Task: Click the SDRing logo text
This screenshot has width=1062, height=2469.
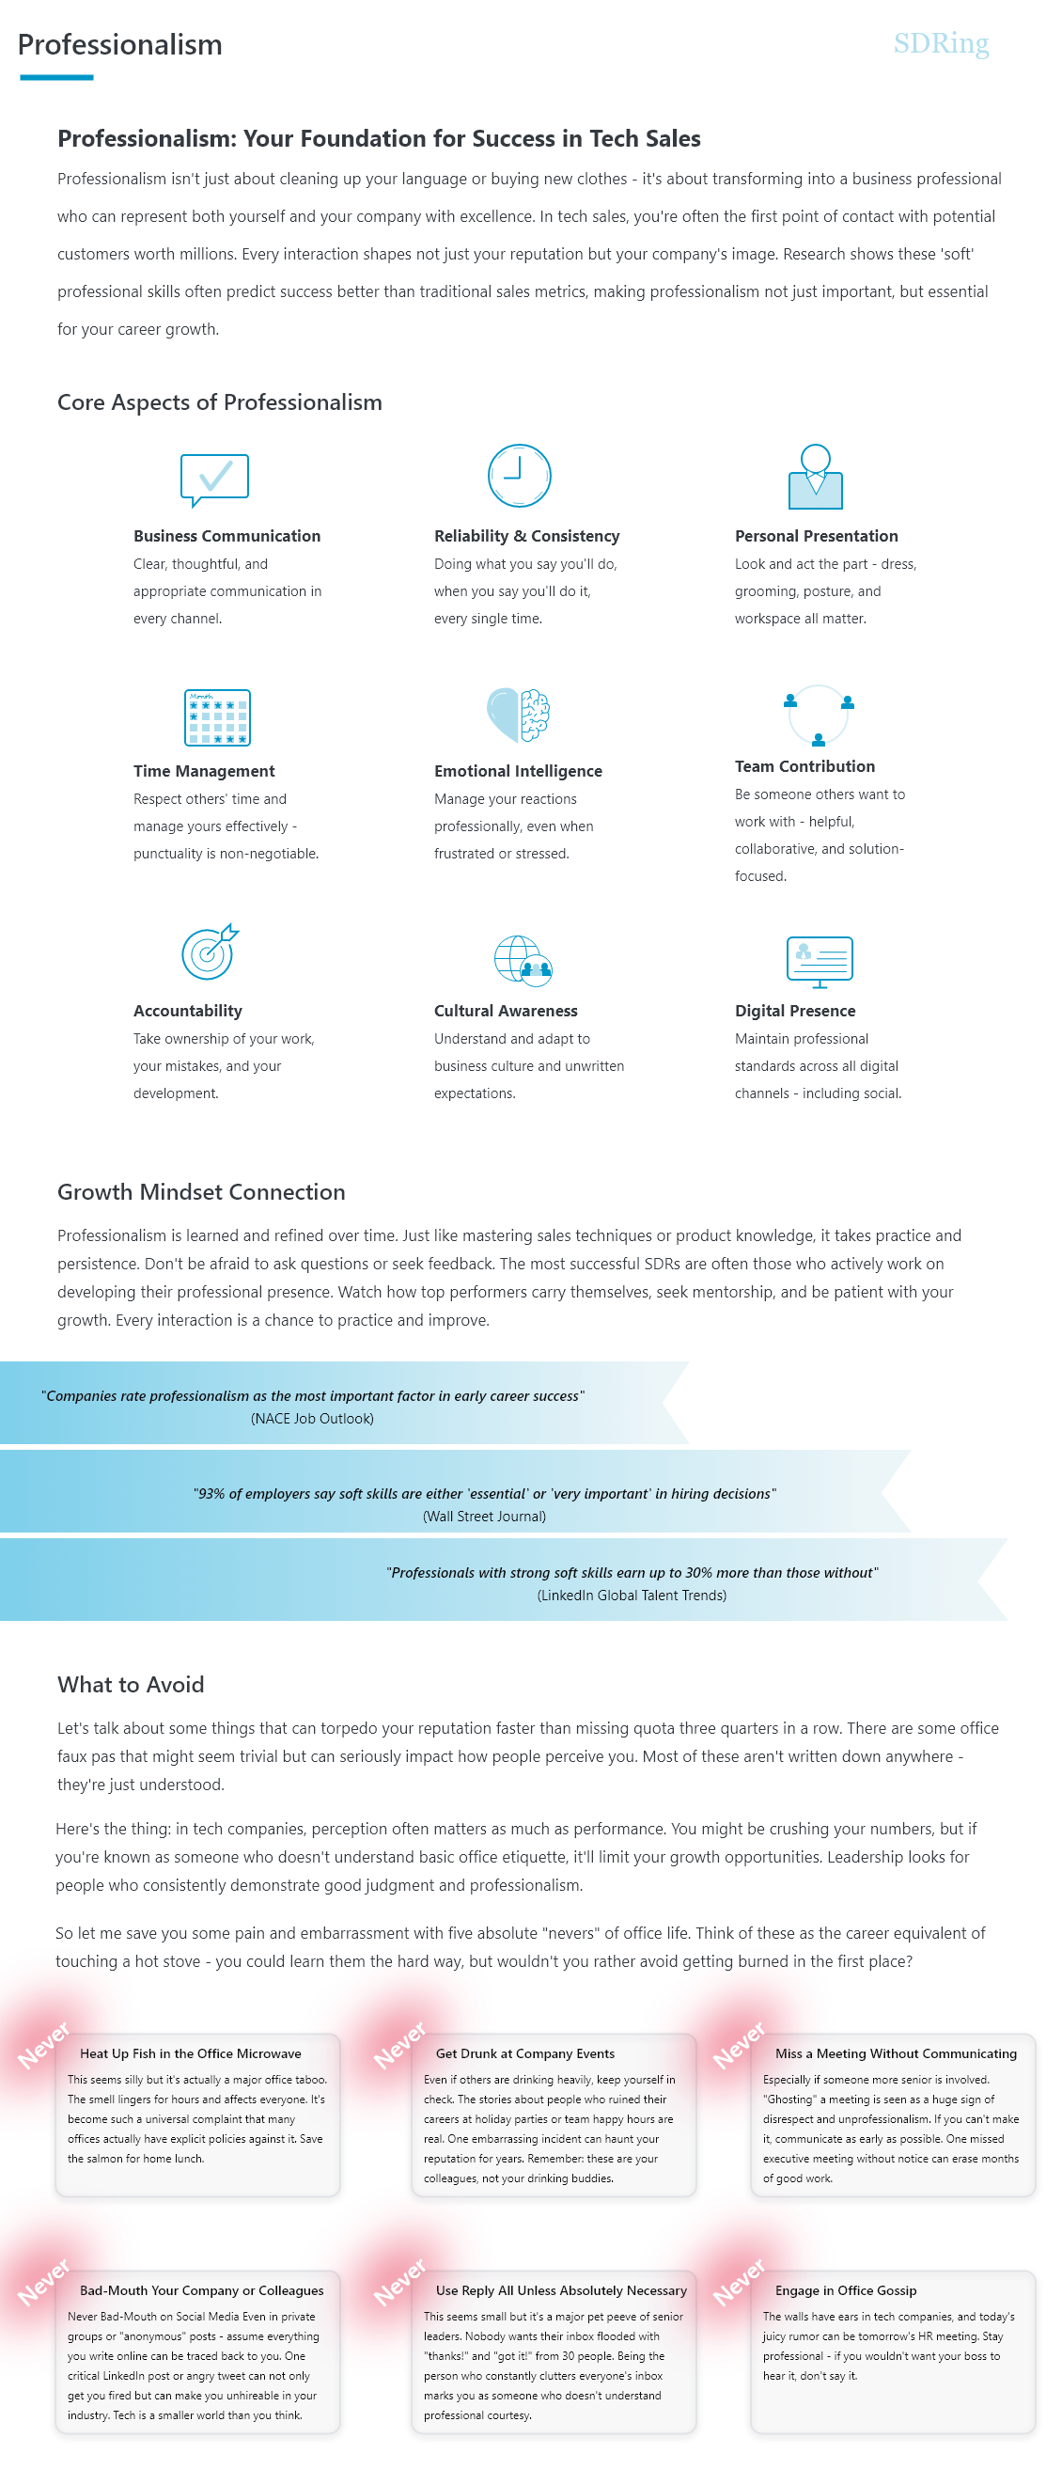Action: pyautogui.click(x=939, y=43)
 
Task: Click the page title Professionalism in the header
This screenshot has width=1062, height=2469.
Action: pyautogui.click(x=119, y=45)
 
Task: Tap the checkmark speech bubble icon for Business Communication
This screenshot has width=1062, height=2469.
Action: pyautogui.click(x=214, y=479)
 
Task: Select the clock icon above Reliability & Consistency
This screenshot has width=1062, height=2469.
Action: pyautogui.click(x=519, y=476)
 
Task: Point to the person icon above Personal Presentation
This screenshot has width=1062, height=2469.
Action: pyautogui.click(x=815, y=477)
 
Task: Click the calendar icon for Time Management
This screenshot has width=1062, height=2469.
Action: pyautogui.click(x=216, y=717)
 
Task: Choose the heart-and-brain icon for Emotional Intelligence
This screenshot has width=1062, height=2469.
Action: pyautogui.click(x=519, y=715)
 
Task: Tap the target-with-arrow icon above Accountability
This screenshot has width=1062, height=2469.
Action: pyautogui.click(x=210, y=951)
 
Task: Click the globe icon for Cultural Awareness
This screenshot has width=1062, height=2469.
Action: pyautogui.click(x=523, y=959)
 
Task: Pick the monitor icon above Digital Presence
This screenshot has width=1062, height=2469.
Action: pyautogui.click(x=819, y=960)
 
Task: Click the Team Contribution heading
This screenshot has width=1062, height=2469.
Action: pyautogui.click(x=804, y=766)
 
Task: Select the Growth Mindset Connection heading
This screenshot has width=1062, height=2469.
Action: pyautogui.click(x=201, y=1191)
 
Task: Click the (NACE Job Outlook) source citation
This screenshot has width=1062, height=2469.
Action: pyautogui.click(x=312, y=1419)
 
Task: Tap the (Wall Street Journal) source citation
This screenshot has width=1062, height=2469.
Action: pyautogui.click(x=484, y=1517)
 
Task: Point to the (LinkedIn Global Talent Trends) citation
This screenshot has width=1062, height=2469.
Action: pyautogui.click(x=631, y=1595)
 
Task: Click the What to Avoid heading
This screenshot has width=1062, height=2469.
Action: pyautogui.click(x=131, y=1684)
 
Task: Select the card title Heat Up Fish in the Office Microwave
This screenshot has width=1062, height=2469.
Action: pyautogui.click(x=190, y=2053)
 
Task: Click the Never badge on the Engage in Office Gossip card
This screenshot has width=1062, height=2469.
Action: pyautogui.click(x=739, y=2281)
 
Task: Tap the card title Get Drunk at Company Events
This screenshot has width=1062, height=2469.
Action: pyautogui.click(x=524, y=2053)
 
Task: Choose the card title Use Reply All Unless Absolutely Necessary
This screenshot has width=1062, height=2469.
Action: pyautogui.click(x=561, y=2289)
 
